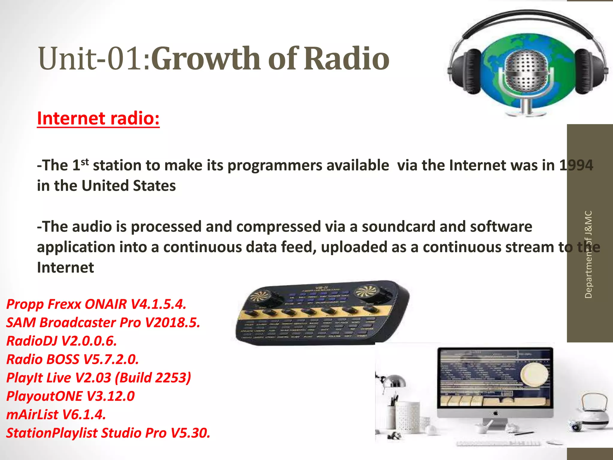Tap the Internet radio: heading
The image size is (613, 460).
(x=98, y=119)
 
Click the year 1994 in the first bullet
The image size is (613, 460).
(x=576, y=165)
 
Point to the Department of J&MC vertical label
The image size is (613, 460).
(x=588, y=255)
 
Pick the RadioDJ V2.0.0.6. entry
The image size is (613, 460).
(x=62, y=341)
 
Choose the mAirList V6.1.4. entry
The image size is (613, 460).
(x=56, y=415)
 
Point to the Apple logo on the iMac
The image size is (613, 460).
(x=495, y=413)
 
